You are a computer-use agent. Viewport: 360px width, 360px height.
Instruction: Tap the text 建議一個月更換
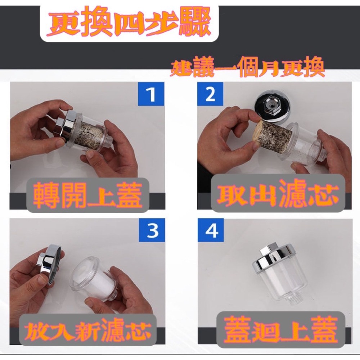click(248, 68)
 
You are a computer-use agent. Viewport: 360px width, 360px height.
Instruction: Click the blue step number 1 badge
click(151, 94)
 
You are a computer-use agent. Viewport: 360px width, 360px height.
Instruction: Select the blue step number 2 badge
click(210, 94)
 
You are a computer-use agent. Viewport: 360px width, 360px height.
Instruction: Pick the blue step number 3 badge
click(152, 230)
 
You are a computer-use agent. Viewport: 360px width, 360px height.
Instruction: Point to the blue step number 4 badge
click(211, 230)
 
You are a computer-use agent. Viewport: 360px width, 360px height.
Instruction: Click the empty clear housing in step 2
click(304, 144)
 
